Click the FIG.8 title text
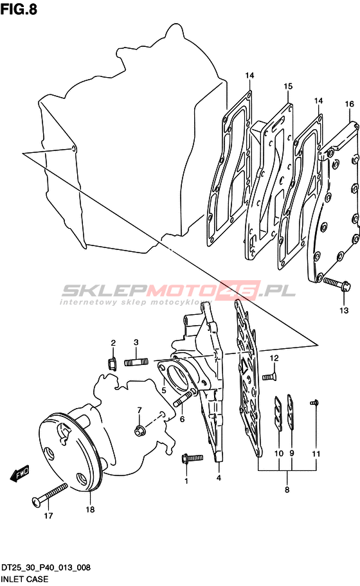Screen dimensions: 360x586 (19, 8)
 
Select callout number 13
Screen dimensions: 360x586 (343, 310)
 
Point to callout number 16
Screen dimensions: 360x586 (349, 103)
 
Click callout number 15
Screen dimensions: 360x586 (288, 86)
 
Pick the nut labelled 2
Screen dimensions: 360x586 (111, 363)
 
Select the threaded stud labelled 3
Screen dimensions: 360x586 (136, 362)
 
